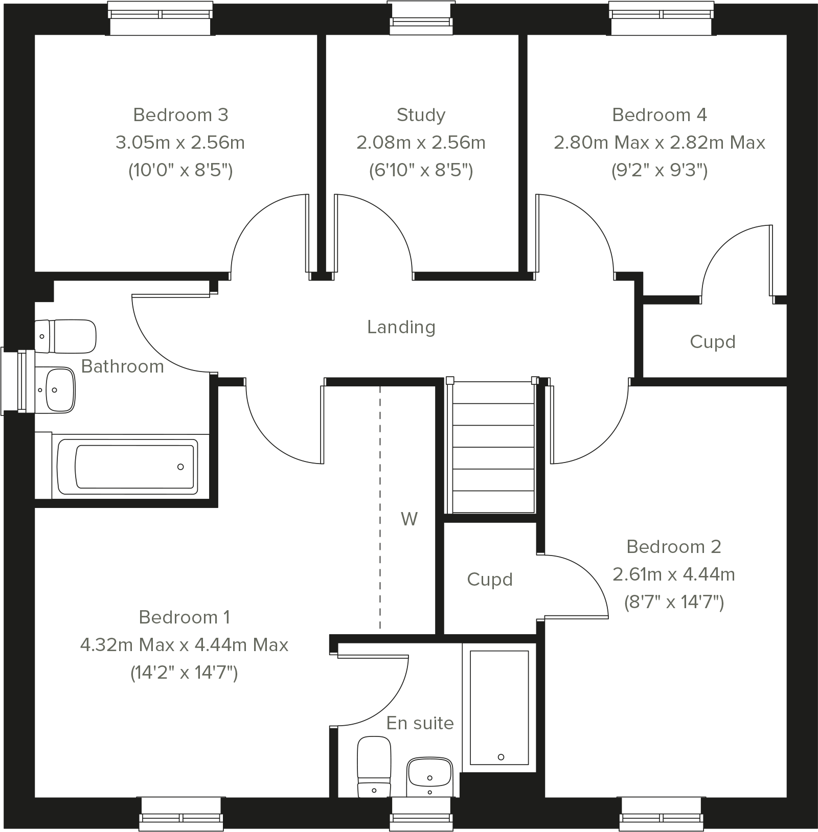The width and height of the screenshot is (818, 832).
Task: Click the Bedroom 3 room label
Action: click(x=180, y=115)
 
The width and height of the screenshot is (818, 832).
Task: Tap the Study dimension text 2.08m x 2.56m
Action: click(x=421, y=143)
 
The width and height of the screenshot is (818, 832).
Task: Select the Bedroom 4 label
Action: click(x=660, y=115)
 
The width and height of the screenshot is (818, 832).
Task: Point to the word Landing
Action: click(x=401, y=327)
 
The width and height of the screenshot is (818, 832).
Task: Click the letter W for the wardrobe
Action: click(x=409, y=519)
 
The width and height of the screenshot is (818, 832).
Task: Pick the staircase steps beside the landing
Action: click(x=493, y=447)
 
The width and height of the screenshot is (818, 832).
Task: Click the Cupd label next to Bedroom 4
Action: click(x=713, y=342)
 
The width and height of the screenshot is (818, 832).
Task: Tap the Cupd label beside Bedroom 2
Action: click(x=490, y=580)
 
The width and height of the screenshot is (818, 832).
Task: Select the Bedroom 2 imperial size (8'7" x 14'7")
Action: click(x=674, y=603)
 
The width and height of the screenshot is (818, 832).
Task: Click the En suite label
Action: click(x=420, y=723)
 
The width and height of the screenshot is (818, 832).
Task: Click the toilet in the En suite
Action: click(x=374, y=767)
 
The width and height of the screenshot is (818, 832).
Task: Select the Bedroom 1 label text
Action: click(x=185, y=617)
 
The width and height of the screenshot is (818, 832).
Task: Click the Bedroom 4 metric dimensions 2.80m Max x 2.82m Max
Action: click(x=660, y=143)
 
